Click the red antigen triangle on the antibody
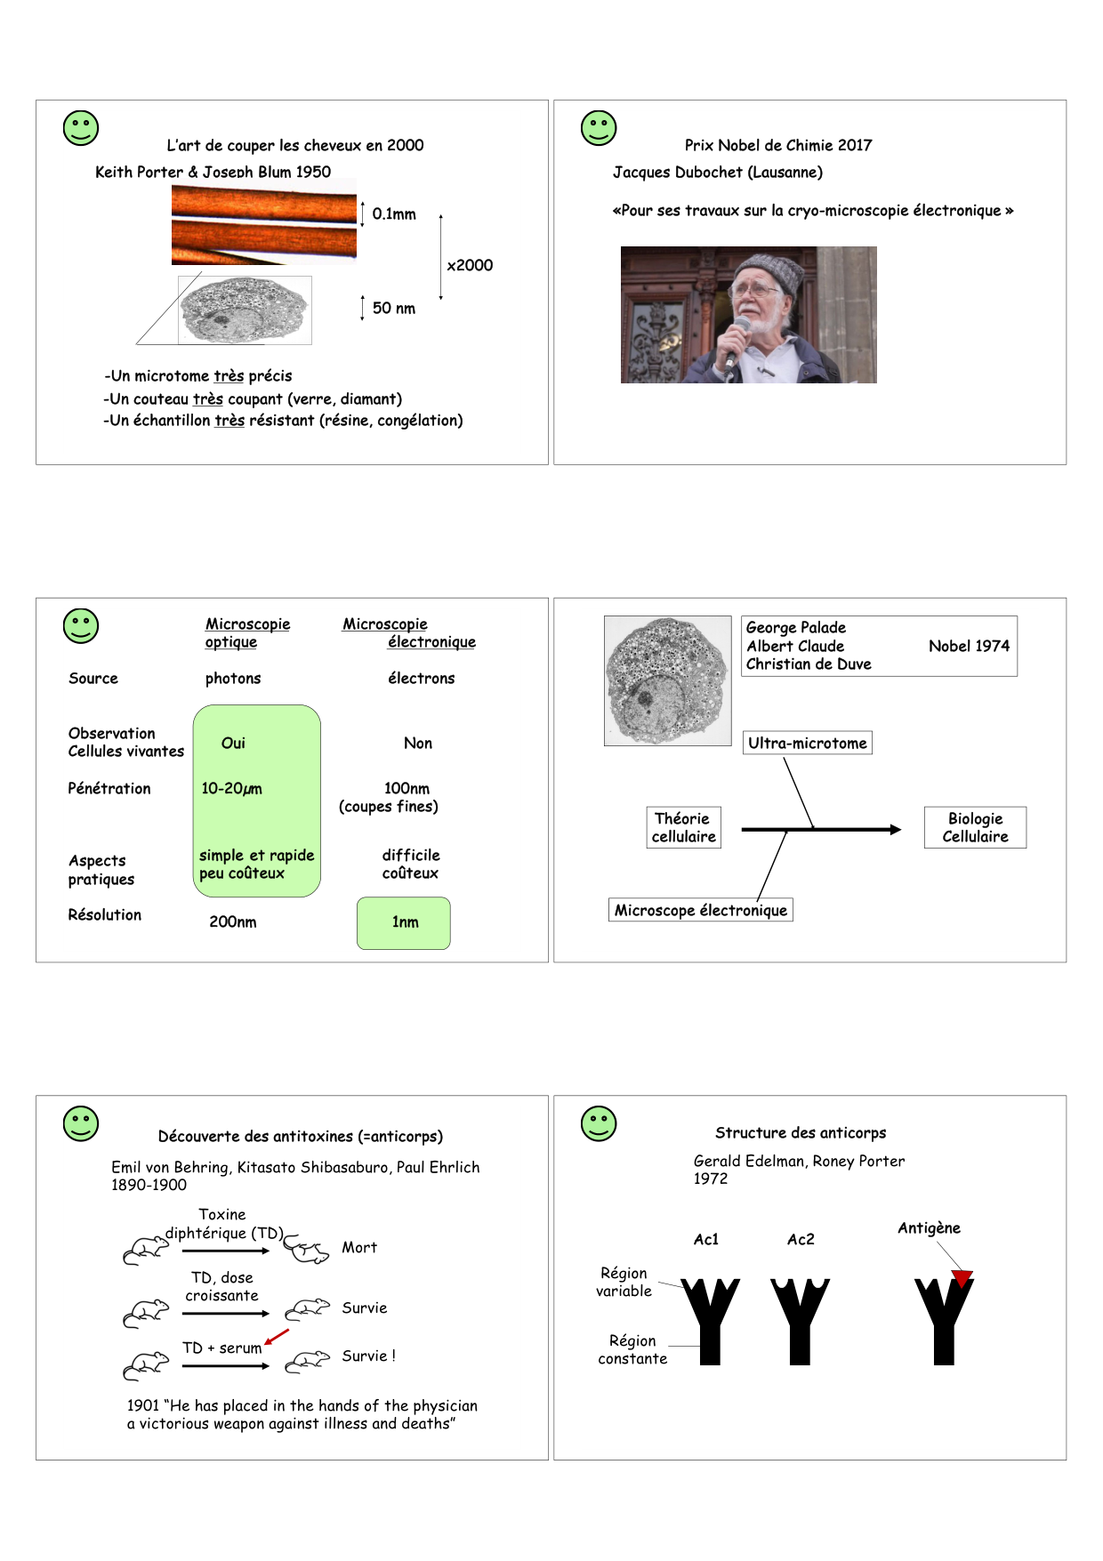(x=962, y=1278)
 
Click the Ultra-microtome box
(x=807, y=743)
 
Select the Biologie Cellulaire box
(x=975, y=827)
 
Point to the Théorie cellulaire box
(x=683, y=827)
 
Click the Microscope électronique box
(x=700, y=910)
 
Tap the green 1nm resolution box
(x=404, y=922)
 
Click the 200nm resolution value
(x=233, y=922)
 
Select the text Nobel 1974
(x=969, y=646)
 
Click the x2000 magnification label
(x=470, y=265)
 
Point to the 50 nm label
(x=394, y=308)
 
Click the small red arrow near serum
(x=277, y=1337)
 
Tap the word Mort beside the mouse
(x=359, y=1248)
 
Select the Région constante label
(x=632, y=1349)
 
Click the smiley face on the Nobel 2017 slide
(x=599, y=128)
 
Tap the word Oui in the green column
(x=233, y=743)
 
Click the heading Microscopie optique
(x=246, y=632)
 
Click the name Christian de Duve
(x=809, y=664)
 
